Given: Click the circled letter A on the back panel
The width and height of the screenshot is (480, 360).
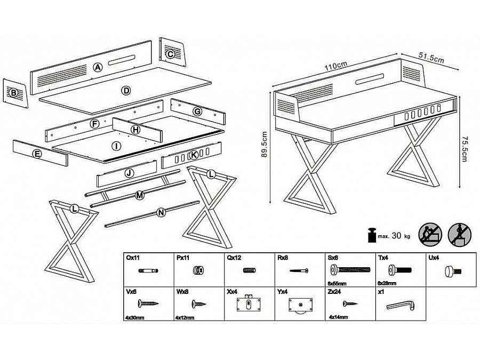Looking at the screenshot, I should [97, 67].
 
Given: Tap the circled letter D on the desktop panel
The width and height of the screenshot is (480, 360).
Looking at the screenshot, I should [126, 91].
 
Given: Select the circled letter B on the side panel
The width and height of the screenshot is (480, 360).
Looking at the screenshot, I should [14, 93].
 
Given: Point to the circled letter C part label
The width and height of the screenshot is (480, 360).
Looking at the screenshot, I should [170, 54].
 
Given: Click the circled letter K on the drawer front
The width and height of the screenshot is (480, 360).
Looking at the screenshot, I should [194, 155].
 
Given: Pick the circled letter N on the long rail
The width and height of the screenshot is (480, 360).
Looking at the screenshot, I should [161, 213].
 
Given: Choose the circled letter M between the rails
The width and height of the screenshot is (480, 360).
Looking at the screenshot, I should [140, 196].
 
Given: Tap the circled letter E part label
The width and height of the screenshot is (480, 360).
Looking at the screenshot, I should [37, 155].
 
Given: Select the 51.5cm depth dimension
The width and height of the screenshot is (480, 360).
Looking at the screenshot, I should [431, 59].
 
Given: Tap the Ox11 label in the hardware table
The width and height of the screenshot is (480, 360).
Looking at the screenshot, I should [133, 257].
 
